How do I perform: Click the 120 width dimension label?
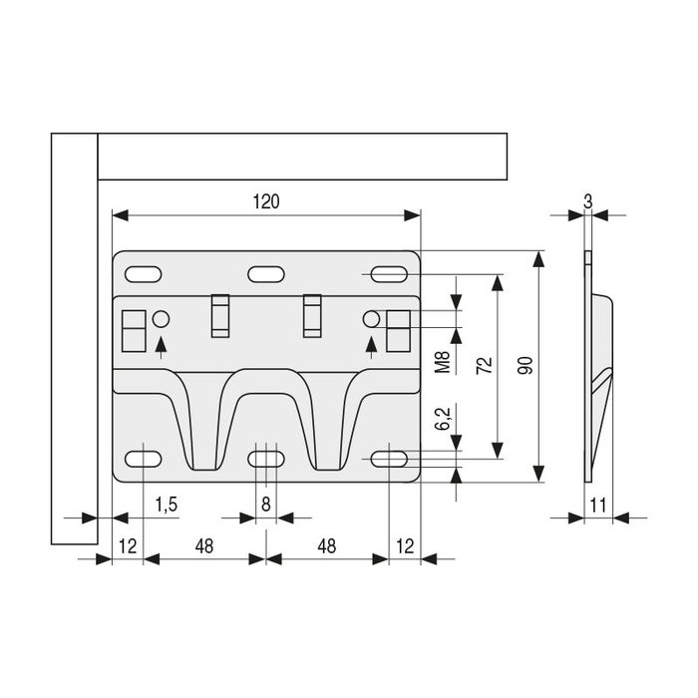(x=266, y=201)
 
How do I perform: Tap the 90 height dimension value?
(x=525, y=366)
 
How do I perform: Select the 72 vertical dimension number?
(x=485, y=366)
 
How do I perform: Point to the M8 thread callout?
(x=443, y=362)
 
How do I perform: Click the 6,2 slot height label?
(x=443, y=419)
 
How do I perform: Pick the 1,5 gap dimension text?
(x=167, y=505)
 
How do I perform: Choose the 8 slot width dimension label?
(x=266, y=505)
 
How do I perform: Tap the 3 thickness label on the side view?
(x=588, y=201)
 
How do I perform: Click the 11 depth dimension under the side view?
(x=598, y=506)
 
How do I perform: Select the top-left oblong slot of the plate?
(x=143, y=274)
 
